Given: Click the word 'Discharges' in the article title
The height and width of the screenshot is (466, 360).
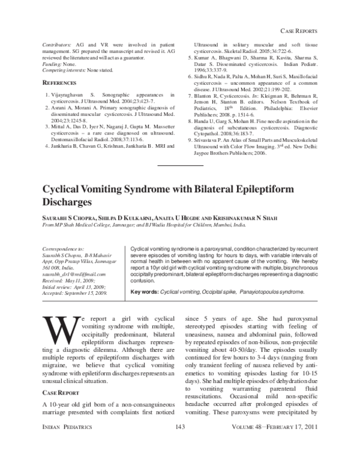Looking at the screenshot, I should pos(67,202).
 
